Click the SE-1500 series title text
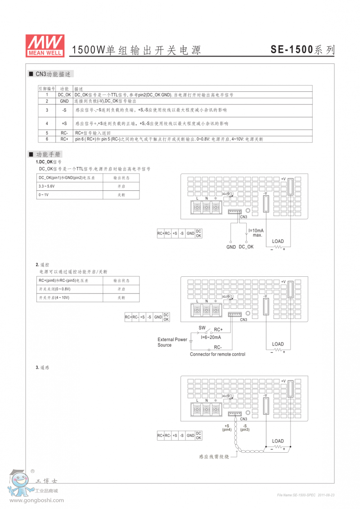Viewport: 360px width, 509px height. (x=302, y=50)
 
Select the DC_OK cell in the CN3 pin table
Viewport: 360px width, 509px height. (x=64, y=95)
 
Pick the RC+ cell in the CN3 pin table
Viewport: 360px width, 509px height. (x=64, y=139)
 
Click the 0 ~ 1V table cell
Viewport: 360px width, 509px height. (x=44, y=195)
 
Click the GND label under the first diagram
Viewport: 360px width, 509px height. (x=231, y=247)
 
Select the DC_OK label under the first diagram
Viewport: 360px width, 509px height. (x=246, y=247)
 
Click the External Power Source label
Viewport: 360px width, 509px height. (x=172, y=342)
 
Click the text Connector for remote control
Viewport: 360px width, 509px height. (x=217, y=354)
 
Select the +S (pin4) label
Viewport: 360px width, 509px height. (x=226, y=428)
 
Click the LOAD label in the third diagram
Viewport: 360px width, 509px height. (x=278, y=441)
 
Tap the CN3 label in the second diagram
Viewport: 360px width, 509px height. (x=243, y=320)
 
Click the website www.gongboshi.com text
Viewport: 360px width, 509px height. (x=37, y=500)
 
